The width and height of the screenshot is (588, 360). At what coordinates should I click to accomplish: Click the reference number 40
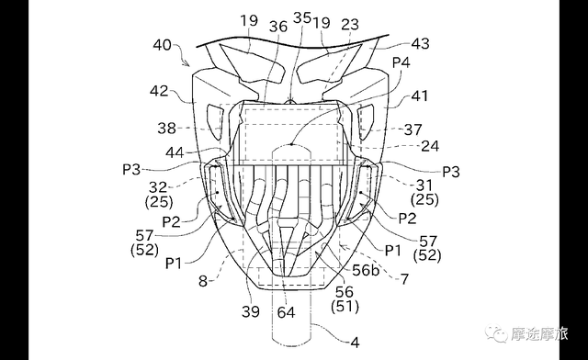click(x=162, y=45)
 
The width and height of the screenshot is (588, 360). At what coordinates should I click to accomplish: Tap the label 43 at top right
click(x=420, y=43)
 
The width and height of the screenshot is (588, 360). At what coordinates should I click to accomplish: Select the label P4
click(x=401, y=62)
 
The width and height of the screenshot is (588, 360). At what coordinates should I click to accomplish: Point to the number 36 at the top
click(x=278, y=27)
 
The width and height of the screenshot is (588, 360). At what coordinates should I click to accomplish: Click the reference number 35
click(x=302, y=17)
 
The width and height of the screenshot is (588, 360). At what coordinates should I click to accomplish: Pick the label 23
click(x=350, y=25)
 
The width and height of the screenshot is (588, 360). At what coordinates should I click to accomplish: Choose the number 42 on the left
click(x=159, y=91)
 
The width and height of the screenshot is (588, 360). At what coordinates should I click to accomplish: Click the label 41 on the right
click(x=419, y=96)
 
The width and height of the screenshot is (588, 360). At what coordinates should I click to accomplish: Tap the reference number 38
click(x=166, y=129)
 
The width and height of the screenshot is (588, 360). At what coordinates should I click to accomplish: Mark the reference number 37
click(x=413, y=130)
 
